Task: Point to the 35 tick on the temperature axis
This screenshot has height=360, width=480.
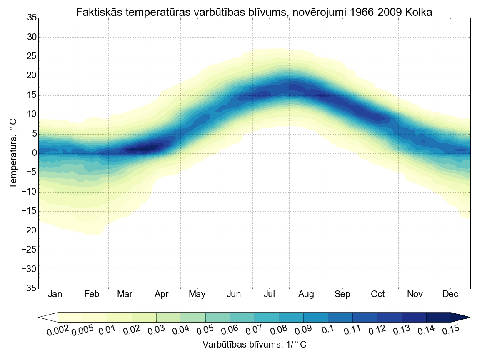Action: (x=32, y=18)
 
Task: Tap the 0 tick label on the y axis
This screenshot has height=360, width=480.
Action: (x=34, y=153)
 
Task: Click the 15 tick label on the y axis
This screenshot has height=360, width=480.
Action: (x=32, y=95)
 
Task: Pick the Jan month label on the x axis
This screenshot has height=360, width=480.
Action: (x=55, y=294)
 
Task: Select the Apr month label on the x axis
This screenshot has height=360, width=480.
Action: (x=161, y=294)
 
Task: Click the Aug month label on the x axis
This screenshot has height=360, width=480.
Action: (x=306, y=294)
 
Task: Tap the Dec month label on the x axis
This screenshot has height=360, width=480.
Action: (x=450, y=294)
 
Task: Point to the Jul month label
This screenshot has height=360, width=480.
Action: (x=270, y=294)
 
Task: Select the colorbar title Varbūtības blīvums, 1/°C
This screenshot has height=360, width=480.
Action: (x=255, y=345)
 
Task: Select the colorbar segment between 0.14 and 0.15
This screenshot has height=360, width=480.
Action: (x=438, y=317)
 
